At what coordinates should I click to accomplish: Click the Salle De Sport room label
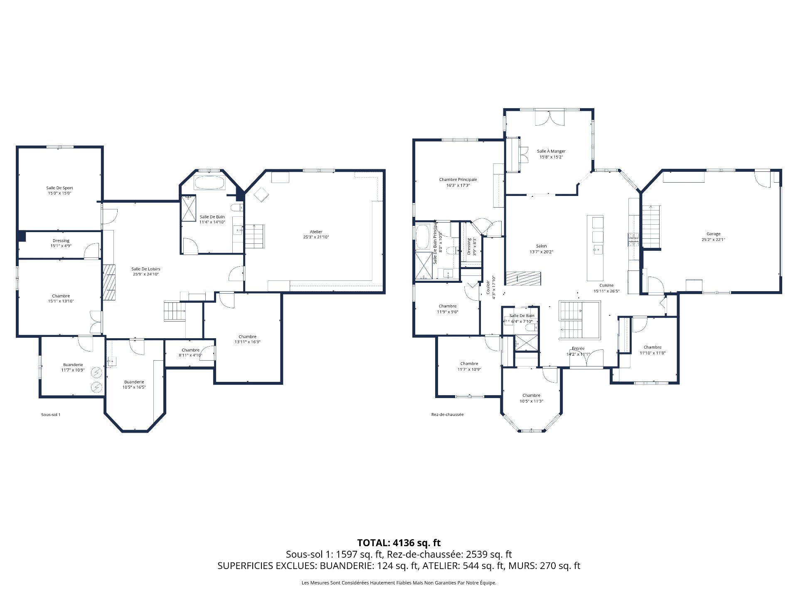tap(59, 188)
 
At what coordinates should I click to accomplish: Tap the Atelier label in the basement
tap(316, 232)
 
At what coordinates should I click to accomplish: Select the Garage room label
tap(713, 234)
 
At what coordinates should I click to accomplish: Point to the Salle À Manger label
tap(551, 151)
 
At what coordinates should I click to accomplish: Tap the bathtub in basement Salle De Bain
tap(210, 183)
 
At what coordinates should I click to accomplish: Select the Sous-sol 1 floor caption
tap(51, 415)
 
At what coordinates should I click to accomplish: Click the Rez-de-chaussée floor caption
tap(447, 415)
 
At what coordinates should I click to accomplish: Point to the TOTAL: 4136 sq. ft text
tap(399, 543)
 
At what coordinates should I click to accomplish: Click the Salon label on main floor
tap(541, 246)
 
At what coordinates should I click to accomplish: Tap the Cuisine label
tap(606, 285)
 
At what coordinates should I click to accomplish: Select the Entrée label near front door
tap(578, 349)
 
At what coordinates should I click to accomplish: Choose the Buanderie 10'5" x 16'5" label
tap(134, 382)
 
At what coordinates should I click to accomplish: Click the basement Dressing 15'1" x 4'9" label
tap(61, 241)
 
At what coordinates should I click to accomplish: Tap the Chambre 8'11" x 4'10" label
tap(190, 350)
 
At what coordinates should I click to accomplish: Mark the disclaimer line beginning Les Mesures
tap(399, 583)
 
